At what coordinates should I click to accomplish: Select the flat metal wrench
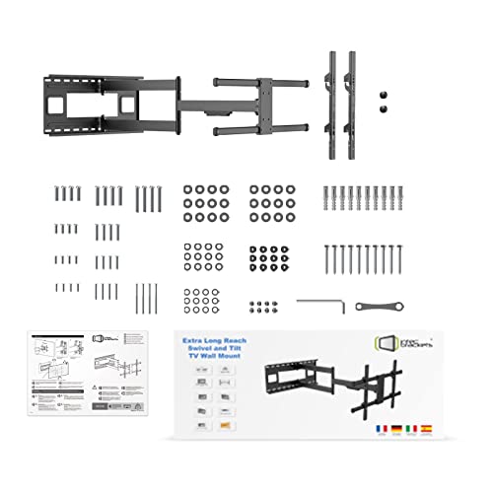coord(374,306)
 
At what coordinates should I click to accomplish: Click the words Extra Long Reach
coord(215,339)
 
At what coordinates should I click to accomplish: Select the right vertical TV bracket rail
coord(352,99)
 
